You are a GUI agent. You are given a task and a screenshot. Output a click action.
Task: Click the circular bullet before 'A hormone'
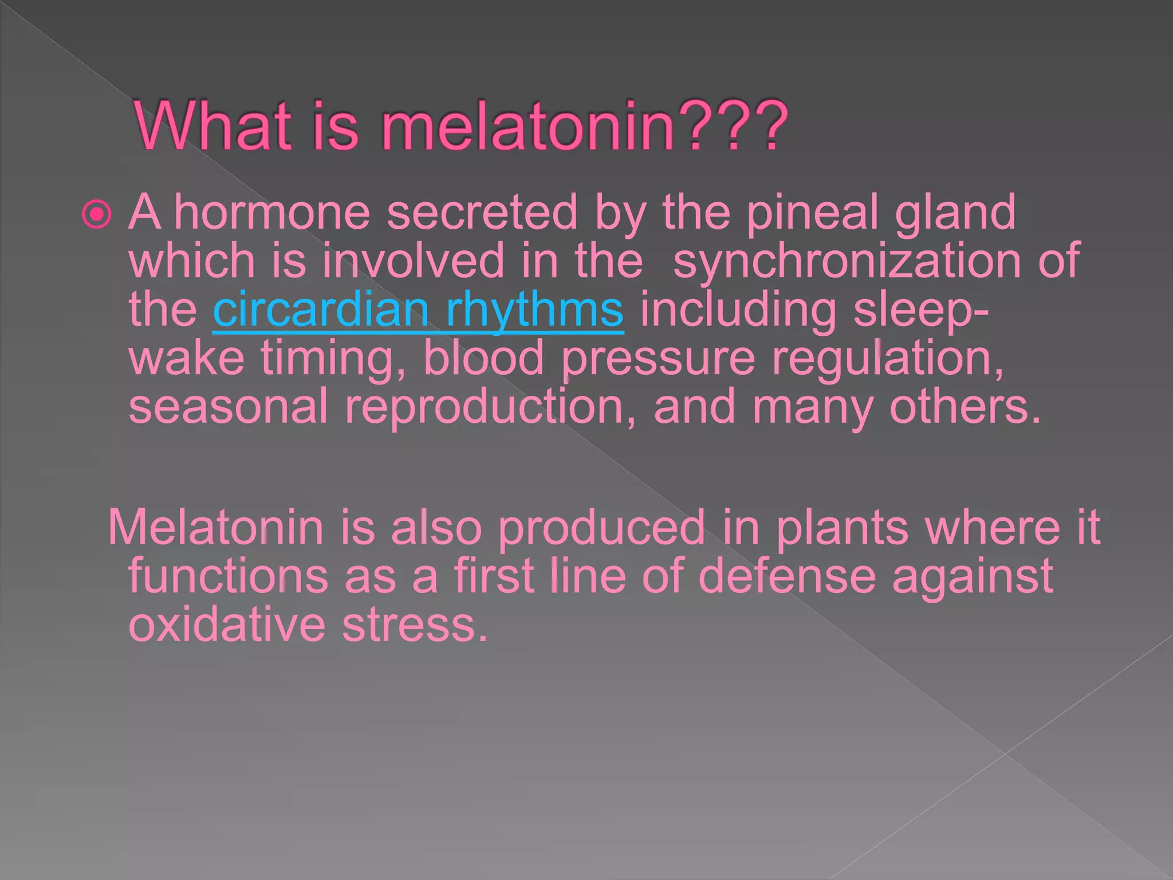pos(97,215)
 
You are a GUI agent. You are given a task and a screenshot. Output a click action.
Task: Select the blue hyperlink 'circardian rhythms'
pos(418,310)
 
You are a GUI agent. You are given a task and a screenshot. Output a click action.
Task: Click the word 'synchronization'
pos(847,261)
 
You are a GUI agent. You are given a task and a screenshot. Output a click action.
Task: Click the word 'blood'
pos(483,358)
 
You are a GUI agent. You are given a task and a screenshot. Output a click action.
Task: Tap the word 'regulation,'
pos(887,358)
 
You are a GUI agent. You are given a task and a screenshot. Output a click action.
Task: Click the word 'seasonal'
pos(228,406)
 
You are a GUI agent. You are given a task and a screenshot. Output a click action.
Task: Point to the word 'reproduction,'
pos(490,406)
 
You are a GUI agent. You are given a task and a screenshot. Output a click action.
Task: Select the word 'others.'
pos(965,406)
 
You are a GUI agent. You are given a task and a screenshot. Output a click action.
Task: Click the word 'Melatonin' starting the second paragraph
pos(215,527)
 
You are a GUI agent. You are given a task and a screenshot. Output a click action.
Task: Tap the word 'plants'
pos(842,527)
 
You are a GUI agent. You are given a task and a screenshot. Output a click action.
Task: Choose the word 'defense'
pos(787,576)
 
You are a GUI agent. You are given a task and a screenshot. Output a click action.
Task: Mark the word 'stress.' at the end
pos(415,624)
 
